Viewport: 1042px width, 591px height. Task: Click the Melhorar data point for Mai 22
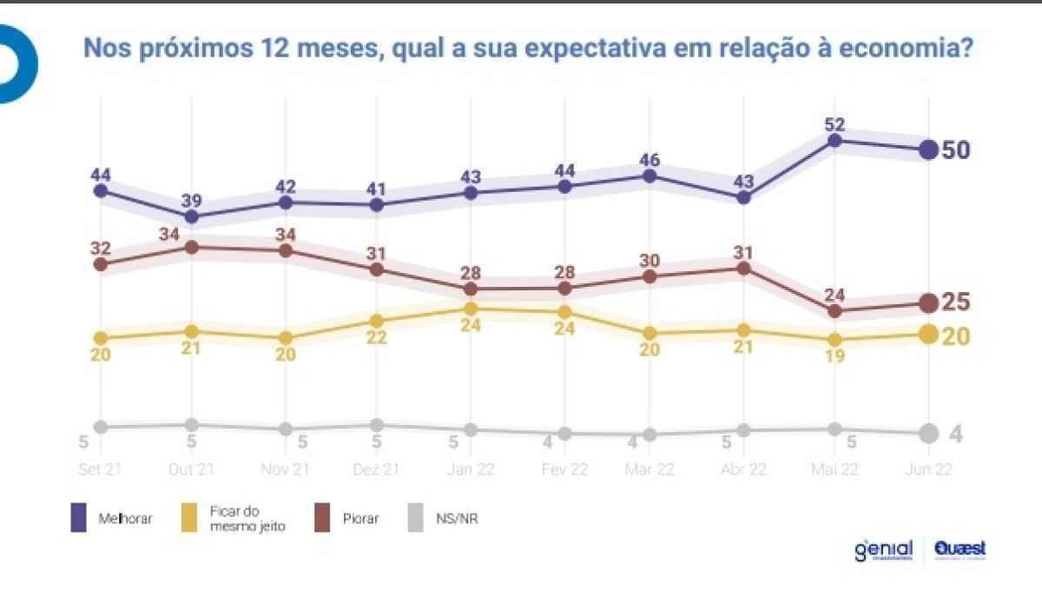(x=834, y=140)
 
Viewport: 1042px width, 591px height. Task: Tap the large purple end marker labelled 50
(x=927, y=149)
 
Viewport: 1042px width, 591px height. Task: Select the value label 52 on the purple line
(x=836, y=123)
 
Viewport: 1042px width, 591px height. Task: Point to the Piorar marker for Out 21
(x=192, y=247)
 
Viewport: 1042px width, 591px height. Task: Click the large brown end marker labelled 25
(x=927, y=302)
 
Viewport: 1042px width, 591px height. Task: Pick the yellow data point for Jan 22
(x=471, y=309)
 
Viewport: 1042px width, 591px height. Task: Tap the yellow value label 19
(x=834, y=356)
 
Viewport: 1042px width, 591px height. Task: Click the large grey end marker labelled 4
(x=927, y=433)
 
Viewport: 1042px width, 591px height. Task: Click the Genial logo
(x=883, y=550)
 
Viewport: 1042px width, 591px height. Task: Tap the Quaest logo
(x=960, y=550)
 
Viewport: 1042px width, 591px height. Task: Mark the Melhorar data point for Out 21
(x=192, y=216)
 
